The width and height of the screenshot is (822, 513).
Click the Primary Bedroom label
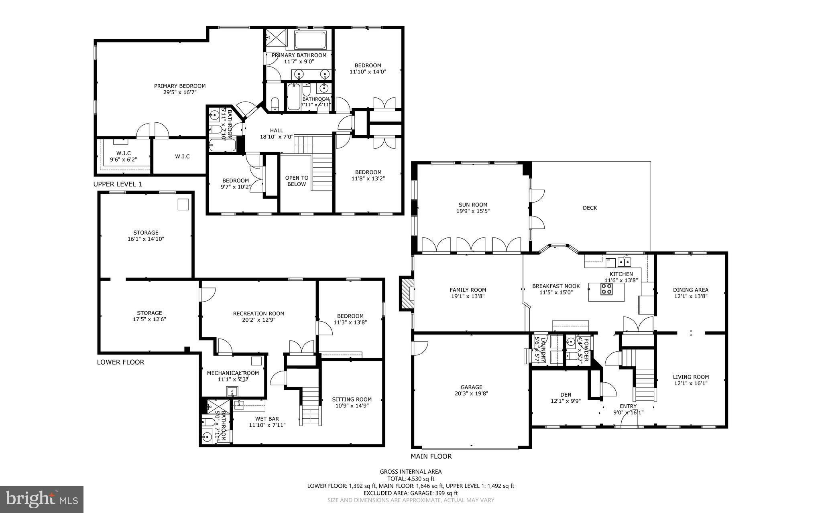(x=180, y=86)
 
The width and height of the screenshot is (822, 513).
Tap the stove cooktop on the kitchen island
(x=606, y=289)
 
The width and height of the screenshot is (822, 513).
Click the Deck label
(x=590, y=208)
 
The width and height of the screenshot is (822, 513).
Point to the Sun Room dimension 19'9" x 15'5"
(x=473, y=211)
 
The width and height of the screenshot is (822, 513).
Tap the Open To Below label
(x=297, y=181)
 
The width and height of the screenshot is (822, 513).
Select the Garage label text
(x=471, y=387)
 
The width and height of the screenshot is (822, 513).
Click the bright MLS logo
(x=42, y=499)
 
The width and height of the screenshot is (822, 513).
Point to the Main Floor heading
(x=431, y=456)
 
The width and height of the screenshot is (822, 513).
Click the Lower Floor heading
(x=120, y=362)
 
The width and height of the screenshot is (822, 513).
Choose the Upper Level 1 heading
(x=118, y=184)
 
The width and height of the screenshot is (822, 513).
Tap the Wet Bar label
(x=267, y=419)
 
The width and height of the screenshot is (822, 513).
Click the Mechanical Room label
(x=233, y=373)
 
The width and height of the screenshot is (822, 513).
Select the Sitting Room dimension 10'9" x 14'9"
(x=352, y=406)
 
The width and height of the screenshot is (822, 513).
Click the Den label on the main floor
(x=566, y=395)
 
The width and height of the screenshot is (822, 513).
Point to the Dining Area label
(x=690, y=290)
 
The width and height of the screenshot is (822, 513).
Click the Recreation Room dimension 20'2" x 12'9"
(x=258, y=320)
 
